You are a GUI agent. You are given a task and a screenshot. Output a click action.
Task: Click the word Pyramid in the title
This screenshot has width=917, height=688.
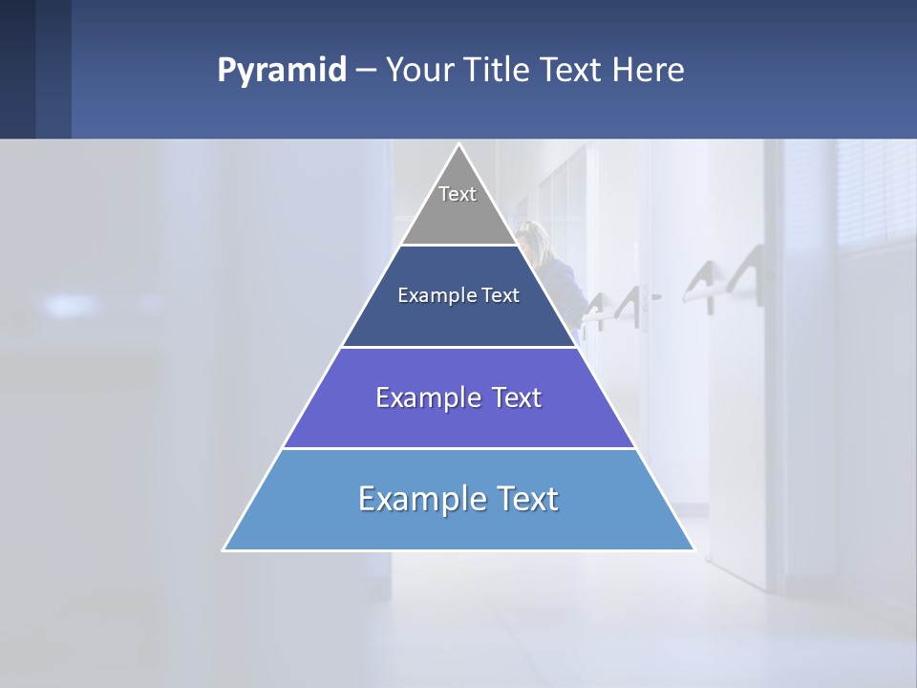pos(281,71)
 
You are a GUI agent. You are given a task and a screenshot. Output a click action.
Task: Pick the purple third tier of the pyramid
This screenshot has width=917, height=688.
pos(458,420)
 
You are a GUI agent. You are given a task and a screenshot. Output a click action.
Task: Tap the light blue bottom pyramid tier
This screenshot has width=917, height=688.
pos(458,526)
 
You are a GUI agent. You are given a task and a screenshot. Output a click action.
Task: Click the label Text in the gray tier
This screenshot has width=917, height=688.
pos(458,194)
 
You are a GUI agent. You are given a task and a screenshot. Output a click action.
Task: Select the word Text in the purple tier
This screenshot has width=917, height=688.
pos(516,398)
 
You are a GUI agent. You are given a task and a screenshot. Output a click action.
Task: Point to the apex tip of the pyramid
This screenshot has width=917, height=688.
pos(458,145)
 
